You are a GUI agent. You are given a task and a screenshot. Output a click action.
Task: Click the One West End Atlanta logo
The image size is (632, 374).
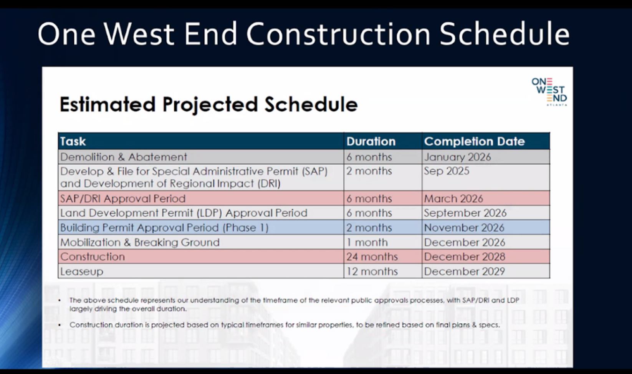pyautogui.click(x=549, y=92)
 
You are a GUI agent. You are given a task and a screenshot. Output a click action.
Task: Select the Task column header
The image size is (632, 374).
pyautogui.click(x=73, y=141)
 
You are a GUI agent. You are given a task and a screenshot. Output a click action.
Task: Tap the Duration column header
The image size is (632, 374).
pyautogui.click(x=371, y=141)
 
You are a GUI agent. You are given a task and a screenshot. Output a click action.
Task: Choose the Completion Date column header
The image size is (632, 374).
pyautogui.click(x=474, y=141)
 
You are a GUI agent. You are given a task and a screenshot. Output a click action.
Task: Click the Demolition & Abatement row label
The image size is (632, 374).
pyautogui.click(x=124, y=157)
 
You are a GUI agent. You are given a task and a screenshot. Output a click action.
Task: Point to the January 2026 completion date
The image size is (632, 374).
pyautogui.click(x=457, y=157)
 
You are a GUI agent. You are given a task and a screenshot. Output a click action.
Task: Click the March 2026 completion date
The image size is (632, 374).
pyautogui.click(x=453, y=199)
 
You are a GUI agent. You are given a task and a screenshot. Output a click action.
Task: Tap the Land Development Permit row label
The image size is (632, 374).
pyautogui.click(x=184, y=213)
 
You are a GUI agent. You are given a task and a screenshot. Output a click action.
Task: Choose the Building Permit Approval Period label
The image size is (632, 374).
pyautogui.click(x=164, y=228)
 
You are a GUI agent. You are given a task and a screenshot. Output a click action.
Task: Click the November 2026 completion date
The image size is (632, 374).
pyautogui.click(x=464, y=228)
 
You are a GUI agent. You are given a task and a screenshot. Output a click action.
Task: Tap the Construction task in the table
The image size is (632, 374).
pyautogui.click(x=92, y=257)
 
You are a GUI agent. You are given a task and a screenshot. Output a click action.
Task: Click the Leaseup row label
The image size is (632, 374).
pyautogui.click(x=81, y=271)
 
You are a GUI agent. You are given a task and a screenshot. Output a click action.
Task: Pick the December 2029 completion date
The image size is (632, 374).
pyautogui.click(x=465, y=271)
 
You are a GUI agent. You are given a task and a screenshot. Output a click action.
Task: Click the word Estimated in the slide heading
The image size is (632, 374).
pyautogui.click(x=108, y=104)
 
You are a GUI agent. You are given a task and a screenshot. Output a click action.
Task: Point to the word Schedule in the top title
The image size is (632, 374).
pyautogui.click(x=505, y=33)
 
